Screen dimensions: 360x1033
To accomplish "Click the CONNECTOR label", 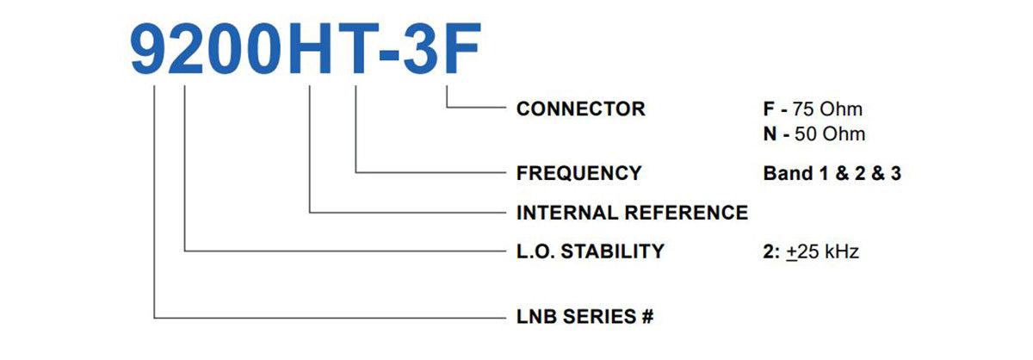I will coord(580,109).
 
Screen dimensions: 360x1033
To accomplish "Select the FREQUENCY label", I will coord(578,173).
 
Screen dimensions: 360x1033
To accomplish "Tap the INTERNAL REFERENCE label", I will coord(632,213).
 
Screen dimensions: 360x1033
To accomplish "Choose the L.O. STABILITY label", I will coord(590,251).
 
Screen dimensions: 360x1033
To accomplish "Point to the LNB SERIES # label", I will coord(585,316).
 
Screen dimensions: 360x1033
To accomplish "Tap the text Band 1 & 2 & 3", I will coord(832,173).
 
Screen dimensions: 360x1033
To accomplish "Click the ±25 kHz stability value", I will coord(822,251).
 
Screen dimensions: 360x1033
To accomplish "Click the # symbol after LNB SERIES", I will coord(647,316).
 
